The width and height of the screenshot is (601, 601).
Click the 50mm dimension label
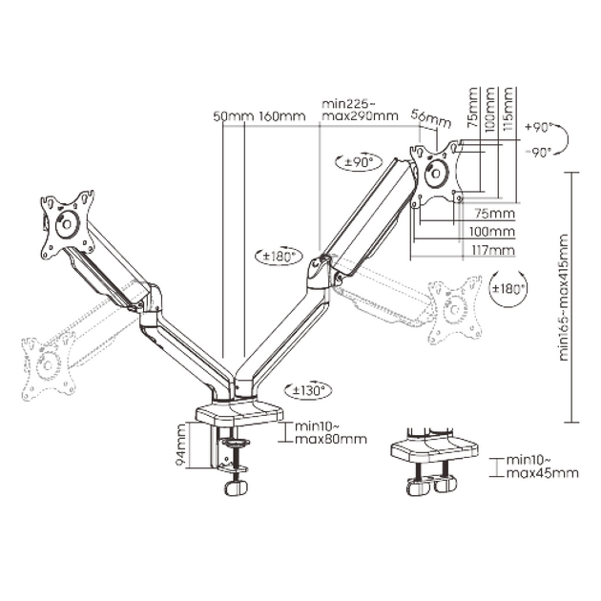point(233,116)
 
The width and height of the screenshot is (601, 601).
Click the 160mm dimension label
point(283,116)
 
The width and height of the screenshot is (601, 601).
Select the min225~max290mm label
point(360,110)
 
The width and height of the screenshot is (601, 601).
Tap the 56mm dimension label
point(431,119)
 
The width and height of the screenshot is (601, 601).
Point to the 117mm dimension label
point(493,251)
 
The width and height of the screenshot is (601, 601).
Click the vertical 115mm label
point(508,110)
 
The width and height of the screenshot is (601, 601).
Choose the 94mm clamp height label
point(180,445)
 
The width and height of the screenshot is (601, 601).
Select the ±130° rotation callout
point(308,391)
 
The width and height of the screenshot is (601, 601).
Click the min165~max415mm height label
point(564,297)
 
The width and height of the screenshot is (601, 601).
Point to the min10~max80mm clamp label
point(331,433)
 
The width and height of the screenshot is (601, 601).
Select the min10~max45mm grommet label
point(543,466)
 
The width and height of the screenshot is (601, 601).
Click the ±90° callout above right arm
point(359,162)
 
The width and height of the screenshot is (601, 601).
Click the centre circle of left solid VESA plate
point(67,223)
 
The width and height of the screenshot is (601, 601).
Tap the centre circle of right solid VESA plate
point(435,174)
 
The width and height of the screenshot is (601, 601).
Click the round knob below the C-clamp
point(236,487)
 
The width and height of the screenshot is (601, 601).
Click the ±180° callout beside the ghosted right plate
point(508,288)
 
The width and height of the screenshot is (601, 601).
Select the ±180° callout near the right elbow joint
point(279,256)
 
